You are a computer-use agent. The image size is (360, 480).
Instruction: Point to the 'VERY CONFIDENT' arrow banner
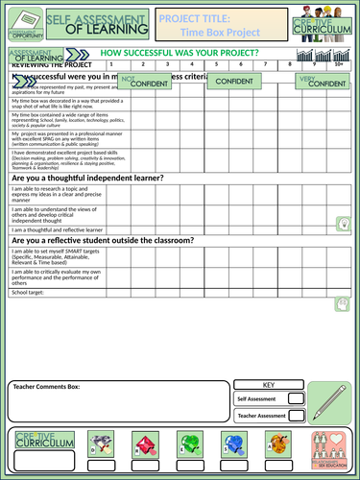pyautogui.click(x=322, y=83)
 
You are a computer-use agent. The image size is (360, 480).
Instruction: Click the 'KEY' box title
pyautogui.click(x=269, y=384)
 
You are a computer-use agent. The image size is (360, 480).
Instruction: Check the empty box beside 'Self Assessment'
pyautogui.click(x=297, y=398)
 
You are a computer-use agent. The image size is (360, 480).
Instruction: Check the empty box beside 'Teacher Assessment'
pyautogui.click(x=297, y=416)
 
